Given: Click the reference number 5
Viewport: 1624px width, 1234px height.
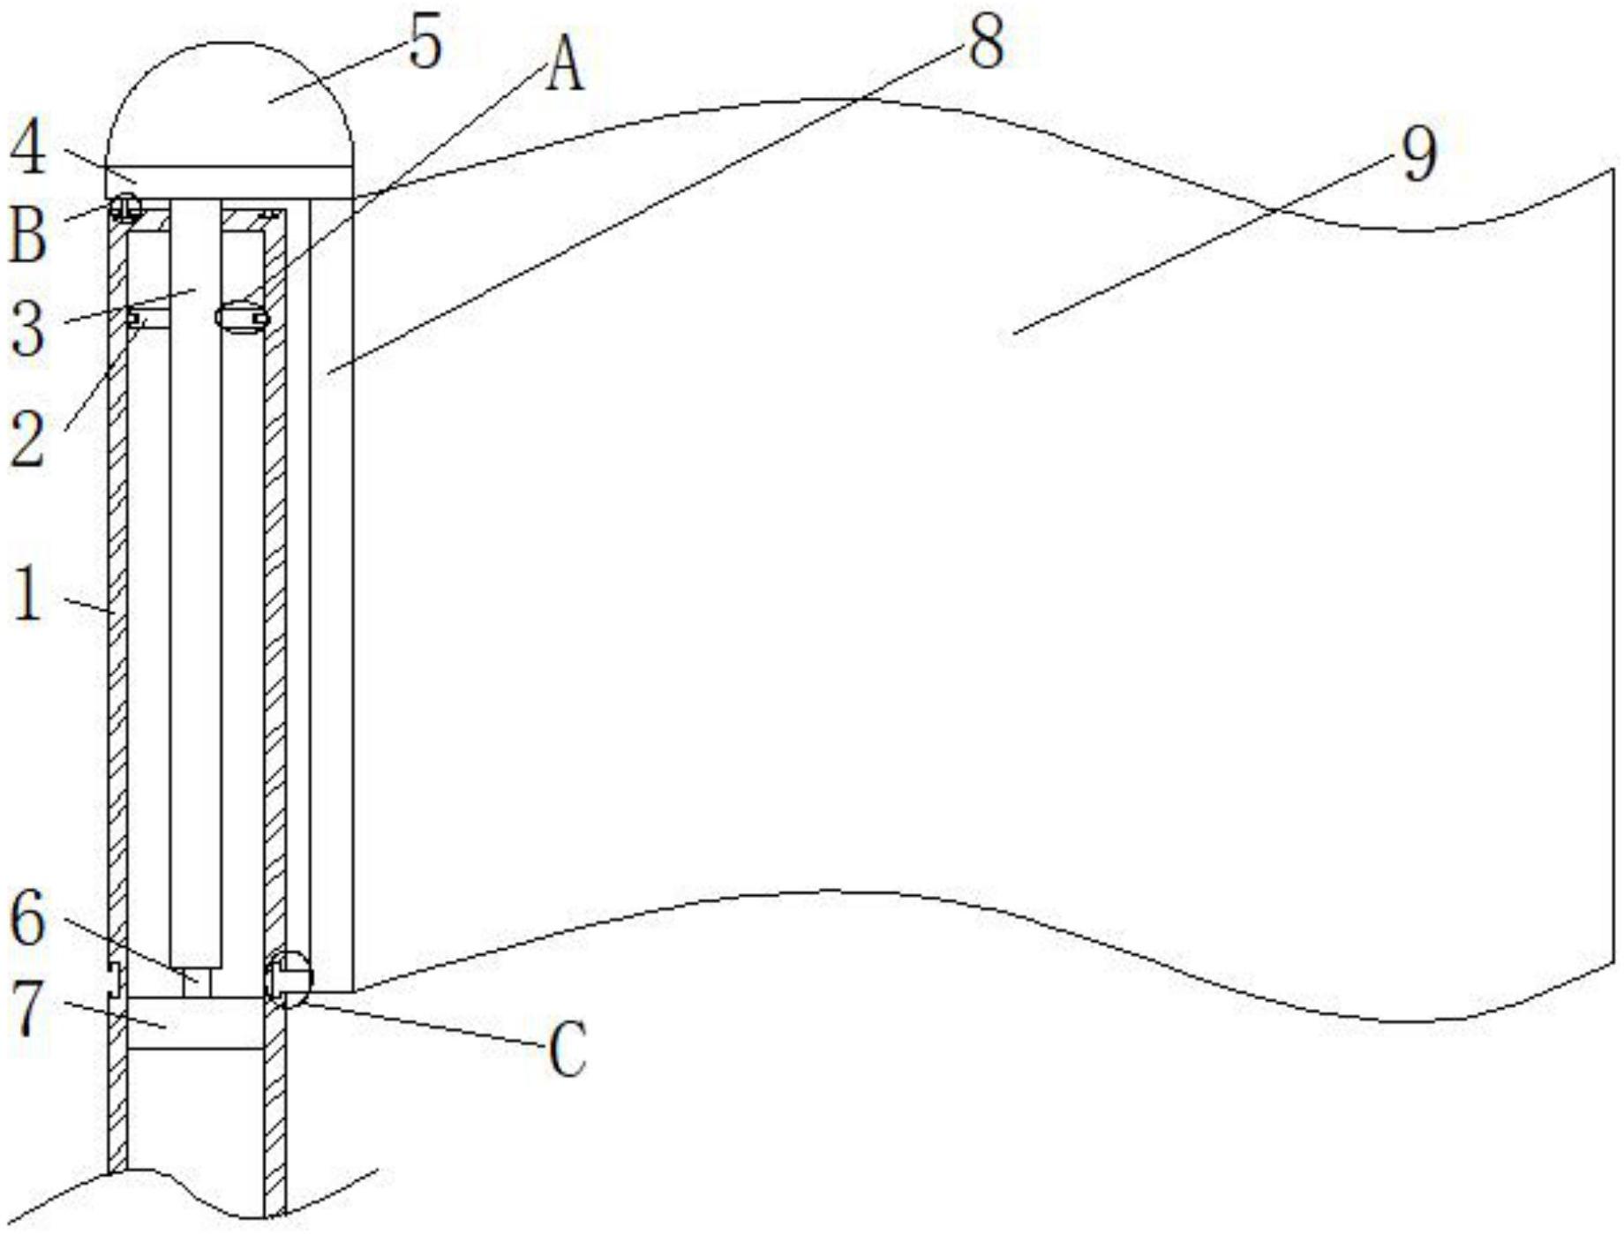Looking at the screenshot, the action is point(425,46).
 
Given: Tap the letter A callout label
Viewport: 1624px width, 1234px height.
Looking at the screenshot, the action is point(565,66).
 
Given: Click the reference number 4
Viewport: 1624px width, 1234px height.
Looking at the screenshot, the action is point(28,149).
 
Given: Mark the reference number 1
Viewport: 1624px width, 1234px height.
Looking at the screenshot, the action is point(28,594).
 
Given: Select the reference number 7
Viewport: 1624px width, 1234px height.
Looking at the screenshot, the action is point(27,1010).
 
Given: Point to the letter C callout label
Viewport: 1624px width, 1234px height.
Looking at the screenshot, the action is point(567,1050).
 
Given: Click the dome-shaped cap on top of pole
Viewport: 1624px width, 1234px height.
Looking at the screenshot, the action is point(229,103).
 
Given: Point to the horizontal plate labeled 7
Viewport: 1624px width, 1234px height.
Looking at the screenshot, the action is point(196,1024).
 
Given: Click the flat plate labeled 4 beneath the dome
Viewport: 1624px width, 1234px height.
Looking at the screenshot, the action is point(229,182).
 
